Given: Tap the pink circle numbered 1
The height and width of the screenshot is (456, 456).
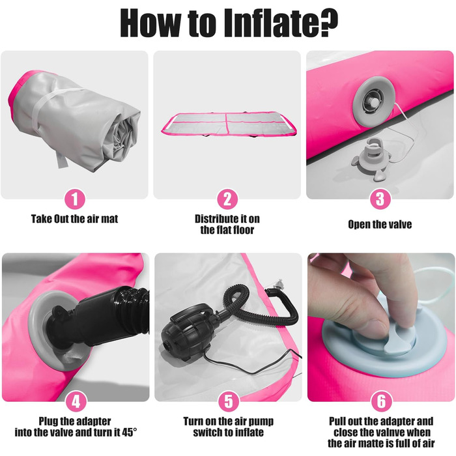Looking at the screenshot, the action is pos(75,199).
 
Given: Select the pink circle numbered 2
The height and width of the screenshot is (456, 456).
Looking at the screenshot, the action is pos(227,199).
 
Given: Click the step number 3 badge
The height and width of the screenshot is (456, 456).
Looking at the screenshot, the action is pos(380,199).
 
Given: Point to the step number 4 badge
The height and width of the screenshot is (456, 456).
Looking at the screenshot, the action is pos(76,402).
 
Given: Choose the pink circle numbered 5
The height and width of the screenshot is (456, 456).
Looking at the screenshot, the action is pos(229,401).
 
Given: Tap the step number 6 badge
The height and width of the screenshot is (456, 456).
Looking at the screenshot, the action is pos(381,401).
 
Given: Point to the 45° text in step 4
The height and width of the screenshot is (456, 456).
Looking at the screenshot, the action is pos(129,433).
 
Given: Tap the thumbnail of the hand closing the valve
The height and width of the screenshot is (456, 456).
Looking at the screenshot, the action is pos(381,327).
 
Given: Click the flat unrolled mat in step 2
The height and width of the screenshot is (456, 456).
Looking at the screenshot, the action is pos(229,124).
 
